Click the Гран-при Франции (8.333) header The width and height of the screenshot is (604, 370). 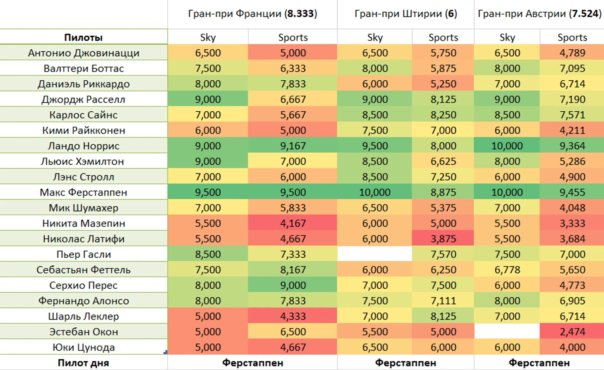(252, 14)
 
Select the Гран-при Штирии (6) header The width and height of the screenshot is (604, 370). (405, 14)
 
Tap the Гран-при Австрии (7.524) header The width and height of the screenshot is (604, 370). (539, 14)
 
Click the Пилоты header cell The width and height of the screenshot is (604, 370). (84, 37)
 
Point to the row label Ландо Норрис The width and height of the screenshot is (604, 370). (84, 146)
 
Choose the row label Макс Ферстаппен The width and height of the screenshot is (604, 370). (84, 192)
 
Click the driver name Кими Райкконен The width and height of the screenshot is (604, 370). (84, 130)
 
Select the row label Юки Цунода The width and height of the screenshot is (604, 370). (84, 347)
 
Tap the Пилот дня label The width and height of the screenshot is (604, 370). (84, 363)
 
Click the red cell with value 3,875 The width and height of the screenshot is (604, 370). (443, 239)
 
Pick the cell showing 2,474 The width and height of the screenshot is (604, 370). (572, 332)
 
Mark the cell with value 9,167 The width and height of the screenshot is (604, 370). (293, 146)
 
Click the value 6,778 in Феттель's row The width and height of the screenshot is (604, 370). (507, 270)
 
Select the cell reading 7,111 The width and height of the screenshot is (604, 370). (443, 301)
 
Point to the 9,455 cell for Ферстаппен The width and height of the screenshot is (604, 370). (572, 192)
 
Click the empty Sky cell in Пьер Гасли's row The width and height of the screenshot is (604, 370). (375, 254)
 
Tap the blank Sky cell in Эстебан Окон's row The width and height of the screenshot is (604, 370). (507, 332)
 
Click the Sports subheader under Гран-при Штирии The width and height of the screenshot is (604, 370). (443, 37)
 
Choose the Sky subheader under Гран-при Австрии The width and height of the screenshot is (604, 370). (507, 37)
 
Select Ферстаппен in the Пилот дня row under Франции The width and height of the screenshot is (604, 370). (252, 363)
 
